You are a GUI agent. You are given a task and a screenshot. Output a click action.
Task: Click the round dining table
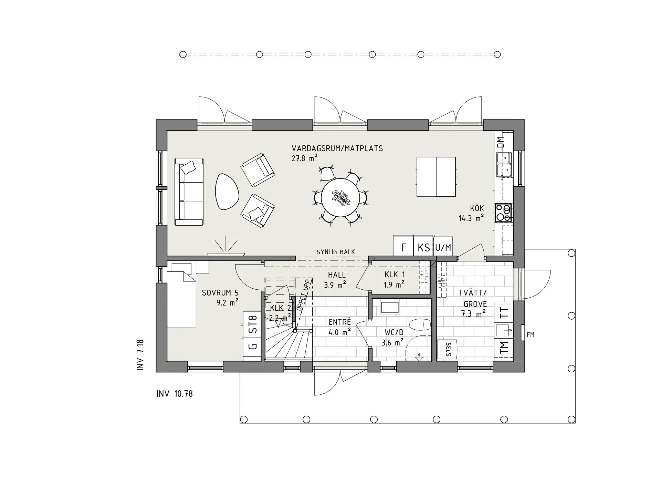340,197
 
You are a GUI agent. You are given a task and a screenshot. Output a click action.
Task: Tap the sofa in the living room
189,192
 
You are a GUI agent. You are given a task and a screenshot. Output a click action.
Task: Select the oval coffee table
227,192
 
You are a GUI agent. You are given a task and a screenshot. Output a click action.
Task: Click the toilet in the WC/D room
420,324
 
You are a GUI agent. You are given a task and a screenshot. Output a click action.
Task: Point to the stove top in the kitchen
503,213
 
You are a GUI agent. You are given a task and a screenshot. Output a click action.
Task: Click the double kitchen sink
504,164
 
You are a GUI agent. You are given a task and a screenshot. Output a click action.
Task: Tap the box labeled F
404,247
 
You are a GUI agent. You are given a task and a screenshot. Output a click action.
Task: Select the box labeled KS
423,247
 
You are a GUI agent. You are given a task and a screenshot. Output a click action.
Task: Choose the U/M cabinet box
443,247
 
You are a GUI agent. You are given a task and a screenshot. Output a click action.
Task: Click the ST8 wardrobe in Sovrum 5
252,324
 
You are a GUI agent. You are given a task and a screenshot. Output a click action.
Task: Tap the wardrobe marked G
252,346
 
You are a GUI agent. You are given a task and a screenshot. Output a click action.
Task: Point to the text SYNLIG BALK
336,252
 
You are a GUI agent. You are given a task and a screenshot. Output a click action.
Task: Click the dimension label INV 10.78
175,394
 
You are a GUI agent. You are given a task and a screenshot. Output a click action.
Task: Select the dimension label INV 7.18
140,355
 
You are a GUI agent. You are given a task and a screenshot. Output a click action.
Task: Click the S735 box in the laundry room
447,350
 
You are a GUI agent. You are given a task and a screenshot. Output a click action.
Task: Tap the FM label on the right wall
531,334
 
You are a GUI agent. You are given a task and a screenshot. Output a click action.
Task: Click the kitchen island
436,177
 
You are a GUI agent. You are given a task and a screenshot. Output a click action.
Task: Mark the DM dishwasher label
501,142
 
